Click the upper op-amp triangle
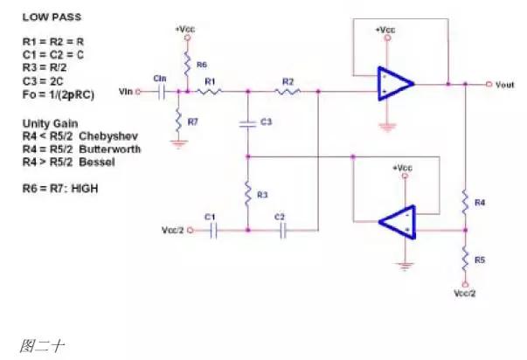(x=394, y=84)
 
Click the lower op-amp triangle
(x=397, y=222)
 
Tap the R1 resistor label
(x=210, y=80)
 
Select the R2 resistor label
(x=288, y=80)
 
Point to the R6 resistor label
(x=202, y=65)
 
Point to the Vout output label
(x=505, y=85)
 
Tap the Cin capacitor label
(x=160, y=79)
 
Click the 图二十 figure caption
(x=38, y=345)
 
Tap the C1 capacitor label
(x=209, y=217)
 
